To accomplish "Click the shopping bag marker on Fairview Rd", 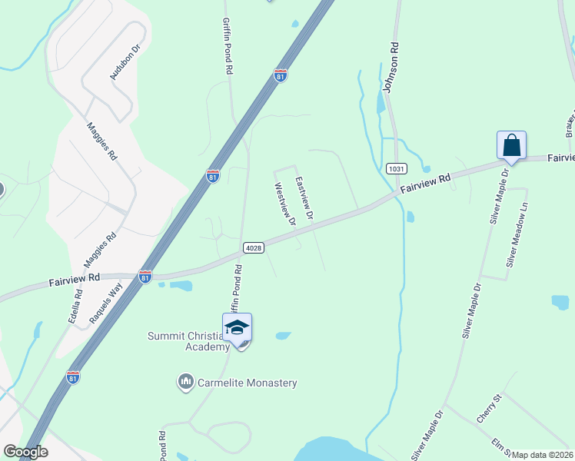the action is tap(511, 145).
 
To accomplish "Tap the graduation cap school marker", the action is tap(237, 328).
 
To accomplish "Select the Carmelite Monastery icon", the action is tap(185, 382).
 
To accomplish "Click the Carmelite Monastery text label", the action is tap(248, 383).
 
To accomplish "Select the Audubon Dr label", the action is tap(125, 62).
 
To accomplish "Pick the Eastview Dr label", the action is tap(305, 197).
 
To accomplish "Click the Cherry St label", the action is tap(488, 408).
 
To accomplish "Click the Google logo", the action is tap(25, 452).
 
